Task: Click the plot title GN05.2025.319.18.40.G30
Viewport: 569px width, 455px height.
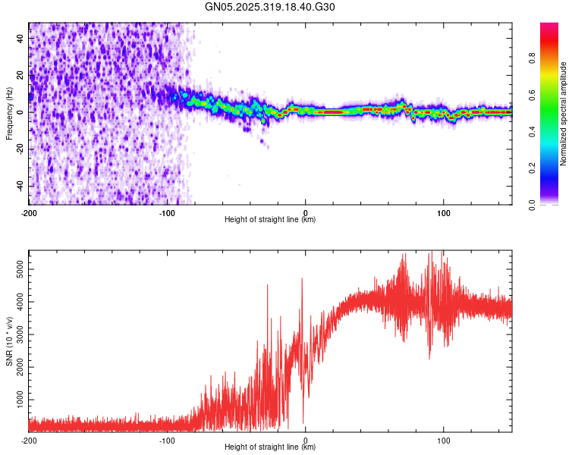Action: (x=270, y=7)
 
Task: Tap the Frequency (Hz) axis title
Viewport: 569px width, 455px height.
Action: (x=9, y=113)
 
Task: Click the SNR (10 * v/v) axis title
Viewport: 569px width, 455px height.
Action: (x=9, y=340)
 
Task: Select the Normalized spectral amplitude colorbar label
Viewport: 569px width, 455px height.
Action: (x=564, y=114)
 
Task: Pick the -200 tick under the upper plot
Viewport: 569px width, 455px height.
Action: (x=29, y=212)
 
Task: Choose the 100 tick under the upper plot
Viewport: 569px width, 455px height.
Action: (x=443, y=212)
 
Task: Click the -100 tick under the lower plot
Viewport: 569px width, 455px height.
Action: (x=167, y=440)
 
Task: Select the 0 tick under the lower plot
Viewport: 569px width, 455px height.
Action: (x=305, y=440)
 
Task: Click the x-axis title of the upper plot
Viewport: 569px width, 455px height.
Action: (x=270, y=220)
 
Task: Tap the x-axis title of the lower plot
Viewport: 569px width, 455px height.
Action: (x=270, y=447)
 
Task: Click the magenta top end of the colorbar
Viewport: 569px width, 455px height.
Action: (x=549, y=27)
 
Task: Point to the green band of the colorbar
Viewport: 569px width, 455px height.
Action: (x=549, y=114)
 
